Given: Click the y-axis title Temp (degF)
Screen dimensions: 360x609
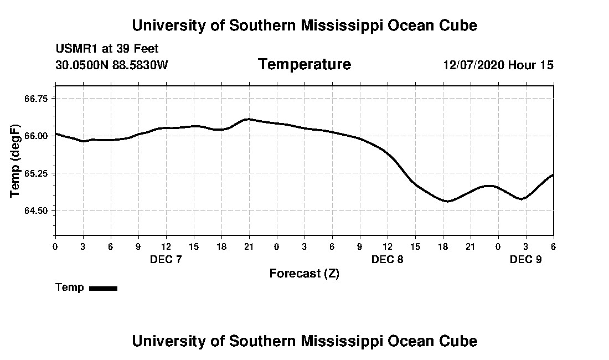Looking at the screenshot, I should coord(16,161).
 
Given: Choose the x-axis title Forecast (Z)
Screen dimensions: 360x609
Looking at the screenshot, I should coord(304,273).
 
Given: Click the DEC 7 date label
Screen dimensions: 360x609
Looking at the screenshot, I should coord(166,259).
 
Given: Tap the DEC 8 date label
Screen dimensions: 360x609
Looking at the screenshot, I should coord(387,259).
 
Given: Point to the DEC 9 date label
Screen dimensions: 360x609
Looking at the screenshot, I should coord(525,259).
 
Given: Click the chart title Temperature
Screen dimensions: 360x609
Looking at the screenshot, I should coord(304,65).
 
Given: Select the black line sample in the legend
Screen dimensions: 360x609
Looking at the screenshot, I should coord(103,288).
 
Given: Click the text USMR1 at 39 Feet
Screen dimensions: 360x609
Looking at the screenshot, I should coord(107,49).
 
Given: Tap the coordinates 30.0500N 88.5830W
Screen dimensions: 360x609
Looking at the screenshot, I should coord(111,65).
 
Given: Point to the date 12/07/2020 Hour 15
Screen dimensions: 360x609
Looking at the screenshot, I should coord(498,65).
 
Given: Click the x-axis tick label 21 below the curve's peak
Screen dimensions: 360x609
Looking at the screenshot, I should coord(249,246).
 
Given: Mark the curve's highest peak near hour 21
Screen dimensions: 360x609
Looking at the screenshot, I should coord(249,119).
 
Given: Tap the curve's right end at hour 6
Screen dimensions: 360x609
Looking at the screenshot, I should coord(553,175).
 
